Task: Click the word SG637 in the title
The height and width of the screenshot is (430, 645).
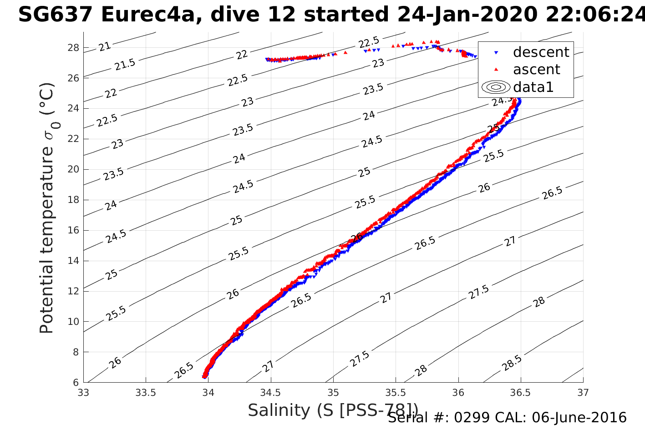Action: [56, 15]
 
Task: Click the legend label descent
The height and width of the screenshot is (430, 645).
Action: [541, 52]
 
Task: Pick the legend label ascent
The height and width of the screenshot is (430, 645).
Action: [536, 70]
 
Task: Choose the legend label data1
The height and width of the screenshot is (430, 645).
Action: [533, 87]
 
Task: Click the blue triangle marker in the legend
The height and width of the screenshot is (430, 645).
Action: [496, 53]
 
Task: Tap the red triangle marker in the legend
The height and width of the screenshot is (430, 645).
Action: [496, 69]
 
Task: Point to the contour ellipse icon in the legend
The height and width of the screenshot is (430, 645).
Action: [496, 87]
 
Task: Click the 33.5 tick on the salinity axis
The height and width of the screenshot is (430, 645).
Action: [146, 393]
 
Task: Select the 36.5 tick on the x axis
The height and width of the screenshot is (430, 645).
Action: [520, 393]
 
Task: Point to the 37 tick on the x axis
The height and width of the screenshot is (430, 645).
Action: [583, 393]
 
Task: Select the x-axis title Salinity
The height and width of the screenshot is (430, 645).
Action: [278, 410]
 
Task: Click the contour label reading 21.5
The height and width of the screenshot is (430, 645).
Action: [125, 65]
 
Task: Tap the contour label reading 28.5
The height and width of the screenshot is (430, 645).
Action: [512, 363]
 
